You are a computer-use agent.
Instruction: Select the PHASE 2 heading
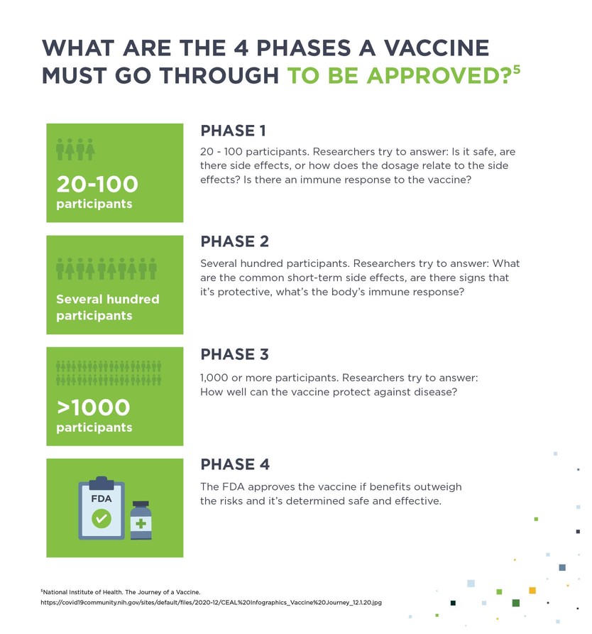pos(235,242)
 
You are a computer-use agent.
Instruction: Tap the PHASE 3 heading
pos(235,354)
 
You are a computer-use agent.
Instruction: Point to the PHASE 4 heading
pos(235,465)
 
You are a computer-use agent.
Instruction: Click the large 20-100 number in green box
pos(97,185)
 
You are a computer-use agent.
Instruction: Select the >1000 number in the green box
pos(94,408)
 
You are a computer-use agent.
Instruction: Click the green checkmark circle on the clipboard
pos(102,519)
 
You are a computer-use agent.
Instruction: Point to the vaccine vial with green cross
pos(141,522)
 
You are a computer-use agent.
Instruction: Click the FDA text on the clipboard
pos(102,498)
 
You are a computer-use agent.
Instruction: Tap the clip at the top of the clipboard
pos(102,482)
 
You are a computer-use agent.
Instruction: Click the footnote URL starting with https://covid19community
pos(212,603)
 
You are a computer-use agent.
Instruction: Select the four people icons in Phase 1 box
pos(75,149)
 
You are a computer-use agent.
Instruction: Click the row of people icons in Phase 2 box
pos(106,268)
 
